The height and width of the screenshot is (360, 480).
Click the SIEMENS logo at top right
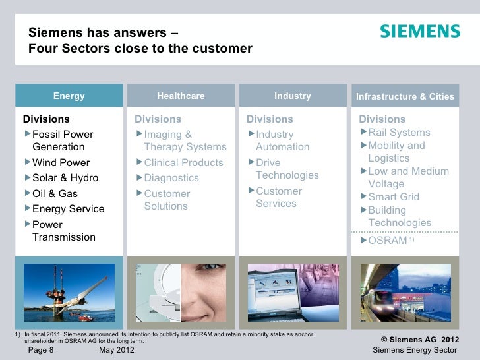419,32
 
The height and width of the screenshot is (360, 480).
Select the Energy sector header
69,96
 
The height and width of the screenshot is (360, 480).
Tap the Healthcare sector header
181,96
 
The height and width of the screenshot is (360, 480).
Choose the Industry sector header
292,96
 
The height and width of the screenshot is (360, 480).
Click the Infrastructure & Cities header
405,97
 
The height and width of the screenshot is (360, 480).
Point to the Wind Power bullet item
61,163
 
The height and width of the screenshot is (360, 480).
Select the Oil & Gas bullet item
55,194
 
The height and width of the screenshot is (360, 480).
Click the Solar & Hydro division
65,178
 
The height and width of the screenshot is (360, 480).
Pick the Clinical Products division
183,163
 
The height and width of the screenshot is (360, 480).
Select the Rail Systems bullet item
399,133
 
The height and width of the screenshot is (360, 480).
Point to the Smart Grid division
394,197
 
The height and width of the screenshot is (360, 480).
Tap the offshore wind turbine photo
69,292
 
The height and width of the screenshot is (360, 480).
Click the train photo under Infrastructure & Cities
405,292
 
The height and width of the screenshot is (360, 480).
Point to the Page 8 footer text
41,351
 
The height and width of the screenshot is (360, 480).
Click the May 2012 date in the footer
116,351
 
